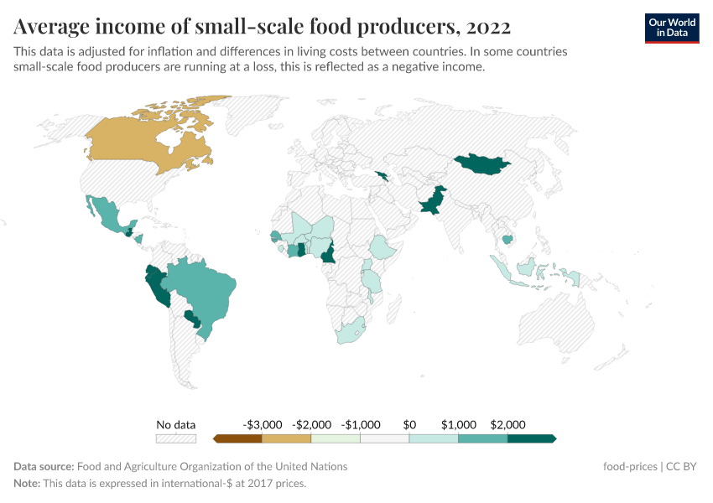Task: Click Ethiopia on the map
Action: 383,247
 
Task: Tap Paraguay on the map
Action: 192,318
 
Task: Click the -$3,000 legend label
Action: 262,424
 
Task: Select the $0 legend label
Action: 409,424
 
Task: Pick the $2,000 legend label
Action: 507,424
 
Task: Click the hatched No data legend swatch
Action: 176,438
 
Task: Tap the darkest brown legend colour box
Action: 238,438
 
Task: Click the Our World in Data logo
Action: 672,27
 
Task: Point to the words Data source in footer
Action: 43,467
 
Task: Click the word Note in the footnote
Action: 26,484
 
